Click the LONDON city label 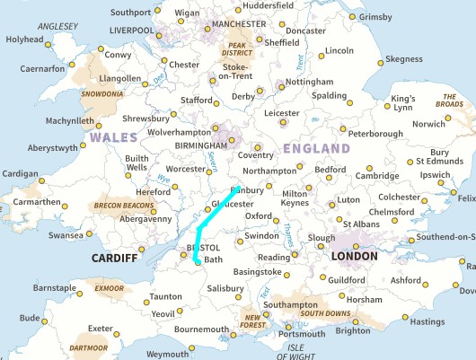pyautogui.click(x=356, y=257)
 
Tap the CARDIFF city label pyautogui.click(x=115, y=259)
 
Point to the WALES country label pyautogui.click(x=112, y=138)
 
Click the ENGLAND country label pyautogui.click(x=316, y=148)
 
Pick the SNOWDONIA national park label pyautogui.click(x=101, y=93)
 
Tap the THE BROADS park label pyautogui.click(x=449, y=104)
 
